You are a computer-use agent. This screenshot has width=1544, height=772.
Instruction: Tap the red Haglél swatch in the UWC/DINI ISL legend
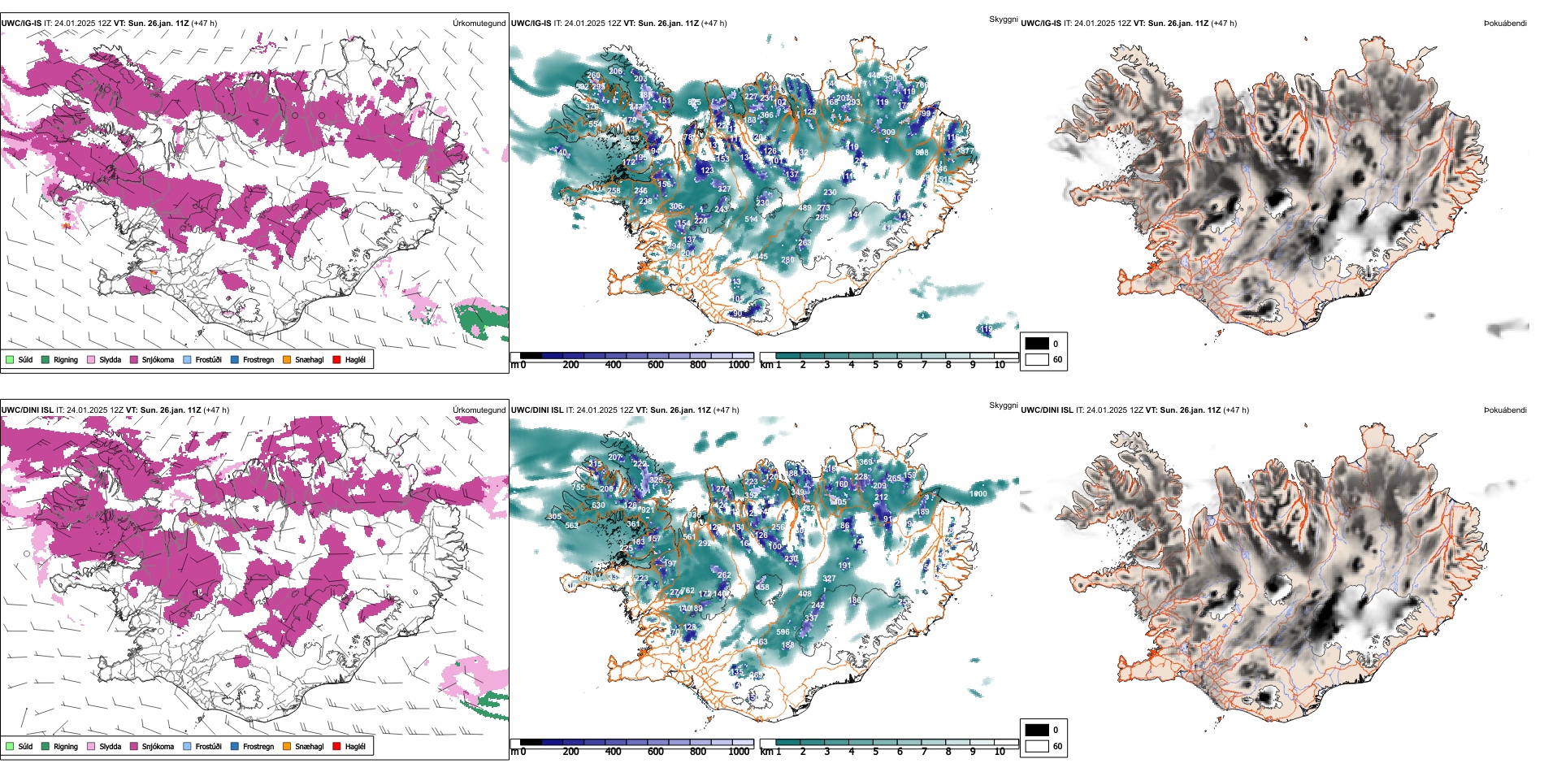pos(337,746)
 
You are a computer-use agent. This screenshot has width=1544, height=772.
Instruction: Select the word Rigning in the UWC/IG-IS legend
pos(66,360)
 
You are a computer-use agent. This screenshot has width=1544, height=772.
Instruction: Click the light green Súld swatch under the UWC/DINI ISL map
pos(10,746)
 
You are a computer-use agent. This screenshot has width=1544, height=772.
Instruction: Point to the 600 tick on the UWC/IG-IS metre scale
pos(655,365)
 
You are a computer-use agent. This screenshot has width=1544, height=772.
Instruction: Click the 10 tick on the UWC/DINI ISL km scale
pos(1000,752)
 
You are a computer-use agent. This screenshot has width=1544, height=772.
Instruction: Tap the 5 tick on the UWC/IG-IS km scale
pos(875,365)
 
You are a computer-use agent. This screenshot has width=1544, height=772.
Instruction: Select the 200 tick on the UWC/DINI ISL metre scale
pos(570,752)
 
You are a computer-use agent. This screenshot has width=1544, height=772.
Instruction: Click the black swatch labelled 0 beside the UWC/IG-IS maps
pos(1037,344)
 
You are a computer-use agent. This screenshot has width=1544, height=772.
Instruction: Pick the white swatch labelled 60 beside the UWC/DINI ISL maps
pos(1037,746)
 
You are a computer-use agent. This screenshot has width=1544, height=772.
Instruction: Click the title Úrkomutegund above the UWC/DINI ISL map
pos(479,410)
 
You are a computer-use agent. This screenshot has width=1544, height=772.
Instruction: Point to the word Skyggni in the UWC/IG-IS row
pos(1003,20)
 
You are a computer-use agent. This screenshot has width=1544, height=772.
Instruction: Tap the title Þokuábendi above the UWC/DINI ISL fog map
pos(1505,410)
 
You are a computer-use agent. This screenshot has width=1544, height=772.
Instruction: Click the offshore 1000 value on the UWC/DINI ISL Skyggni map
pos(978,494)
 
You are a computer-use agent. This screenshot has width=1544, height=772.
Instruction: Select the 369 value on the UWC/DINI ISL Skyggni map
pos(865,462)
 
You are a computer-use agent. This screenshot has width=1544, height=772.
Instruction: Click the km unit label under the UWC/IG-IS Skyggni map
pos(765,365)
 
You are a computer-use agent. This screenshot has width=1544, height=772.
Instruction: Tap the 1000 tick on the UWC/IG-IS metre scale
pos(739,365)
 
